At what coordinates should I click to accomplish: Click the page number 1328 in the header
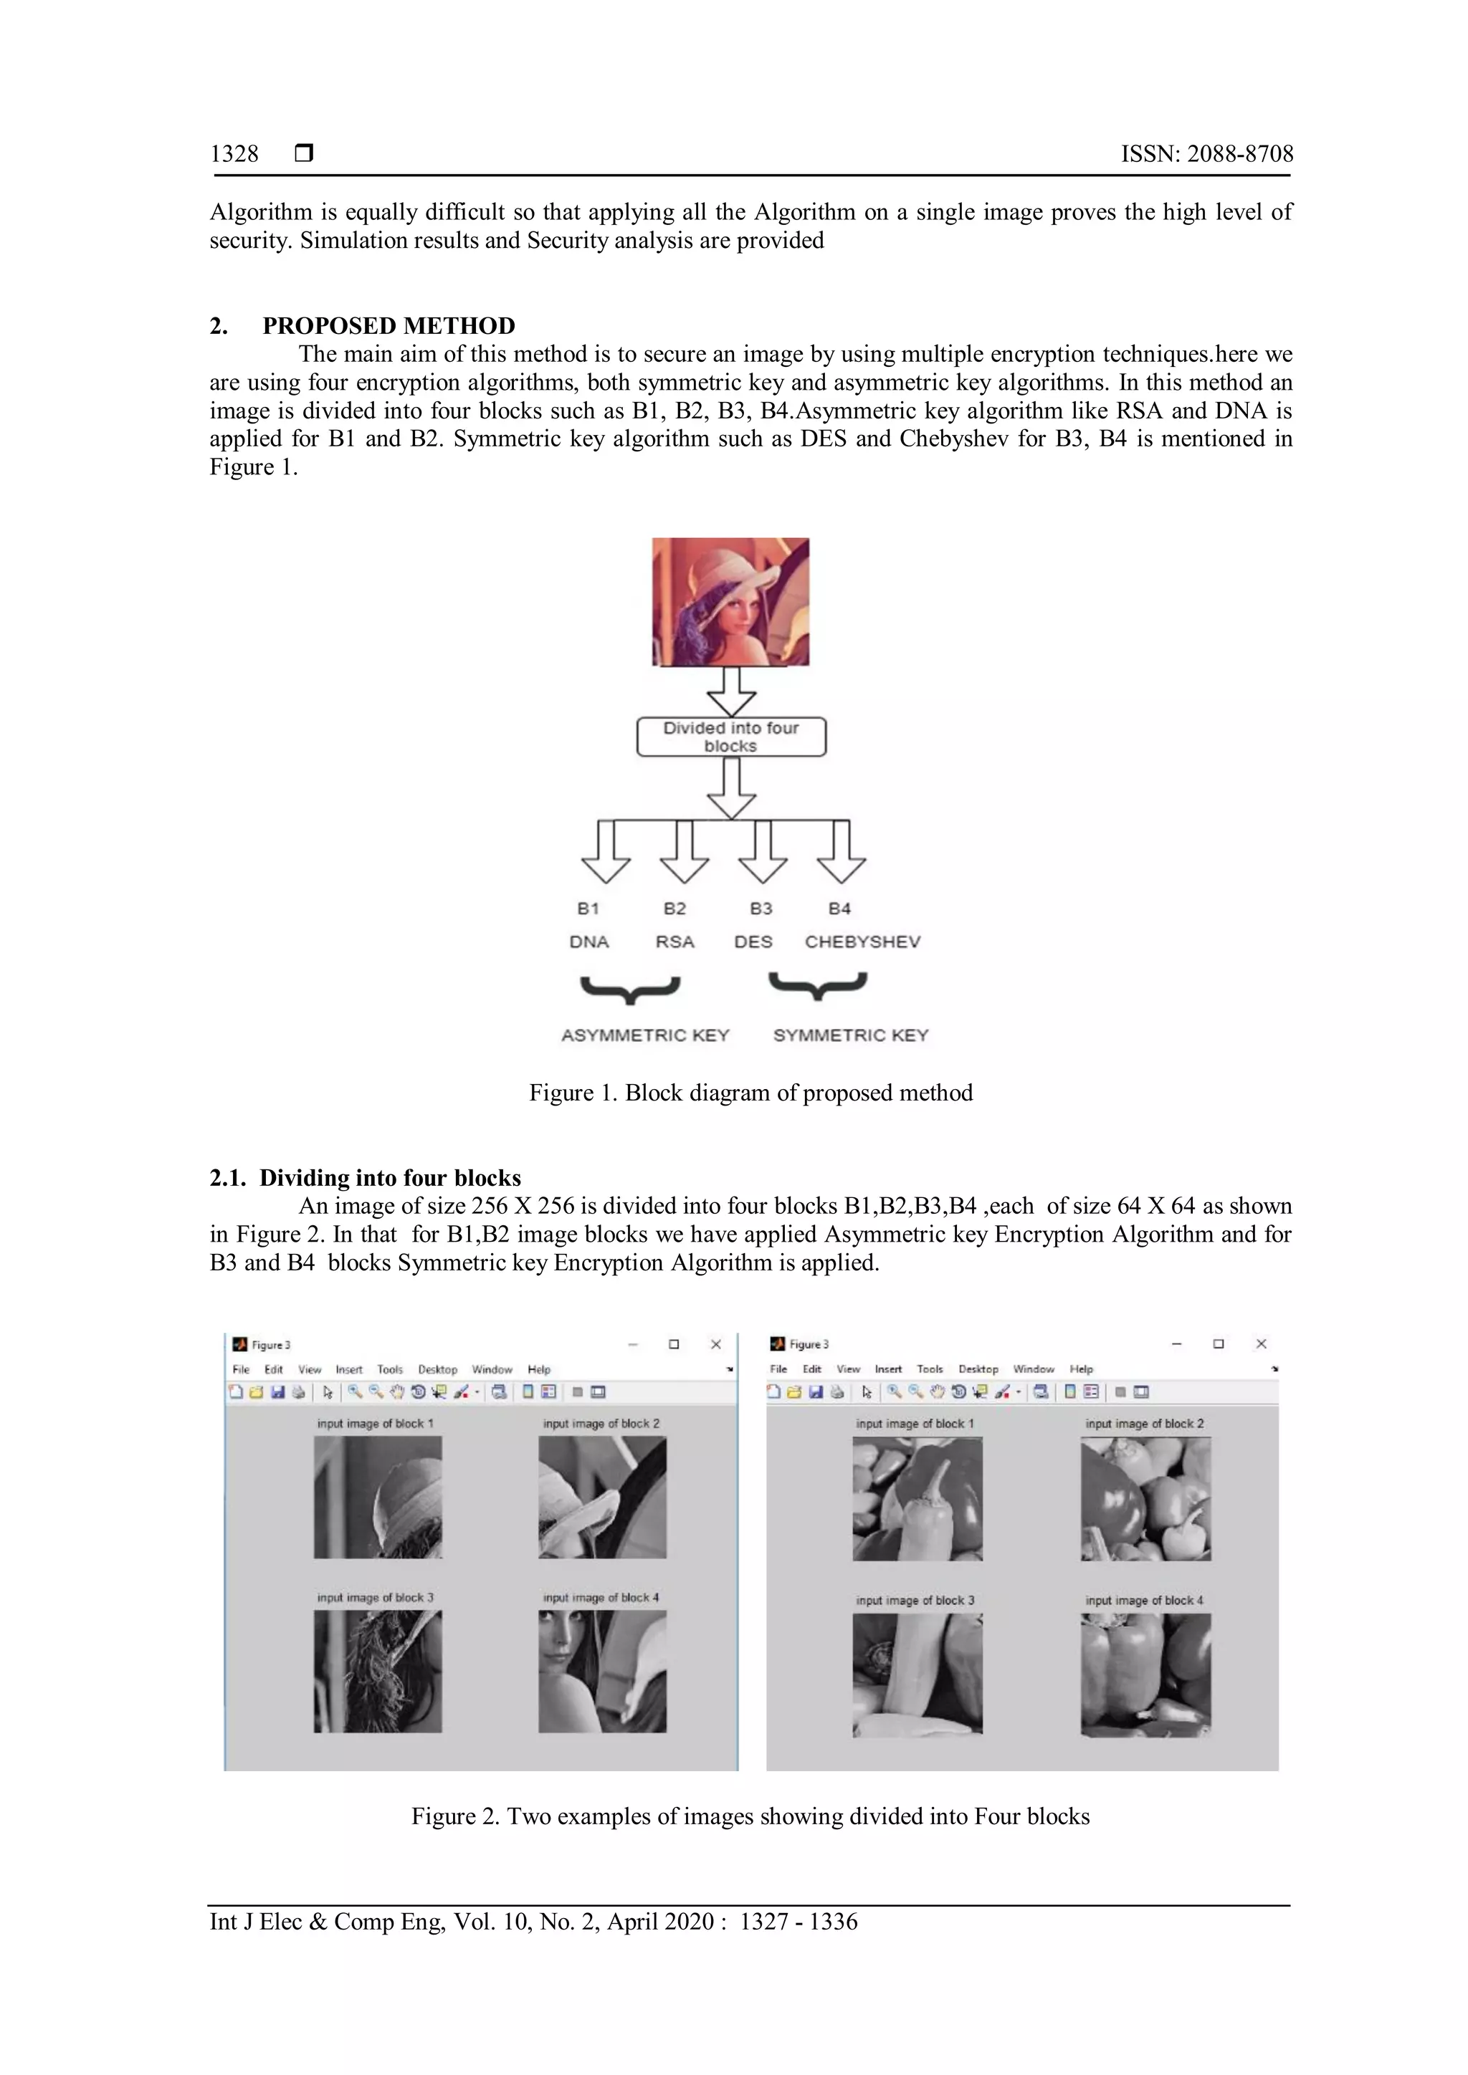tap(234, 153)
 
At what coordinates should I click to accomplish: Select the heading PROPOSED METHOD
tap(389, 325)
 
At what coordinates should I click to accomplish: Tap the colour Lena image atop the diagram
tap(730, 602)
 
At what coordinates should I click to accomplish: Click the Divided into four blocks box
tap(730, 737)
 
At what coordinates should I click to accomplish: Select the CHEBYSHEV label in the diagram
tap(862, 941)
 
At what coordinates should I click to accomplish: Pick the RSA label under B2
tap(675, 941)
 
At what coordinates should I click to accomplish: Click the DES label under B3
tap(753, 941)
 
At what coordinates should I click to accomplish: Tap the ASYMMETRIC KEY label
tap(644, 1035)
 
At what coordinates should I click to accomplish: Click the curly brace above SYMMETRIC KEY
tap(817, 986)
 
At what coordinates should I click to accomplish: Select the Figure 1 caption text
tap(750, 1093)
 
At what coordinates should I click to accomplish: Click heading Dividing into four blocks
tap(390, 1178)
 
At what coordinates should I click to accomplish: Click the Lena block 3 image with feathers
tap(378, 1671)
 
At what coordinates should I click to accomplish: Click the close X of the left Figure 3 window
tap(716, 1345)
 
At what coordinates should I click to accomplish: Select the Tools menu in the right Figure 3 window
tap(929, 1369)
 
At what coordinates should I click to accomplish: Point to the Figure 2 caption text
tap(750, 1816)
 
